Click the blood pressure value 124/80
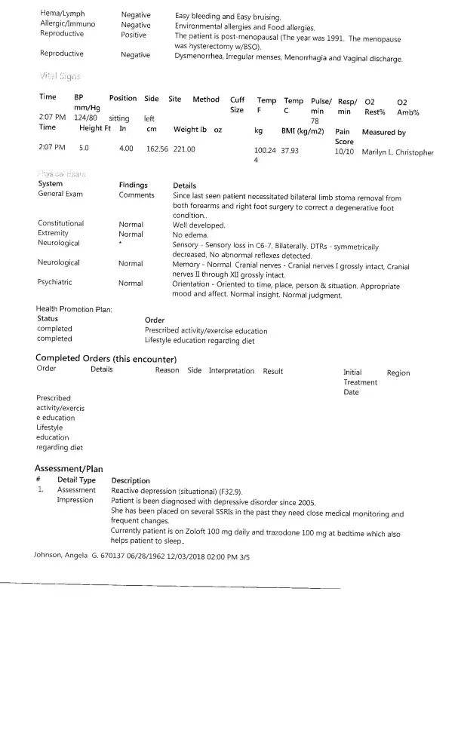tap(85, 118)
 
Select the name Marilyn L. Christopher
tap(398, 152)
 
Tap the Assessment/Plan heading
tap(69, 468)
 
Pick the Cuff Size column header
tap(237, 104)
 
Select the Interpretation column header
tap(232, 370)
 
